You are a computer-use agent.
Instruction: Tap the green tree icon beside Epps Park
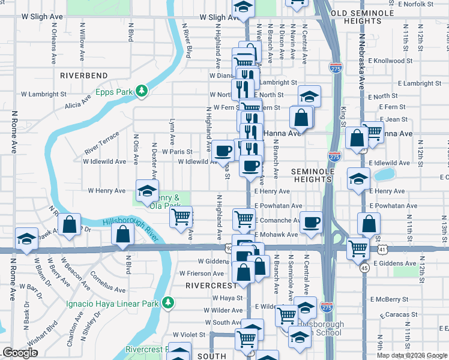(142, 91)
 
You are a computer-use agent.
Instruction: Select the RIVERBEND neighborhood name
(84, 76)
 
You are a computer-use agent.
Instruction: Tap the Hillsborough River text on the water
(131, 230)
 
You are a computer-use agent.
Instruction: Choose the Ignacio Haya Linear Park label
(112, 304)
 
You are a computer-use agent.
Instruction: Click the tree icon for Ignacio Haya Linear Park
(169, 302)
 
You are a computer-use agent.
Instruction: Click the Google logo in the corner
(20, 353)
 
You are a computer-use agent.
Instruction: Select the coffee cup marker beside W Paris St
(223, 151)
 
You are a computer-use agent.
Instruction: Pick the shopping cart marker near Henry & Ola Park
(181, 216)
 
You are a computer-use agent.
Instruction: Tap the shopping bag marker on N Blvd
(122, 235)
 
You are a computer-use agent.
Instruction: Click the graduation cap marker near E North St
(309, 96)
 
